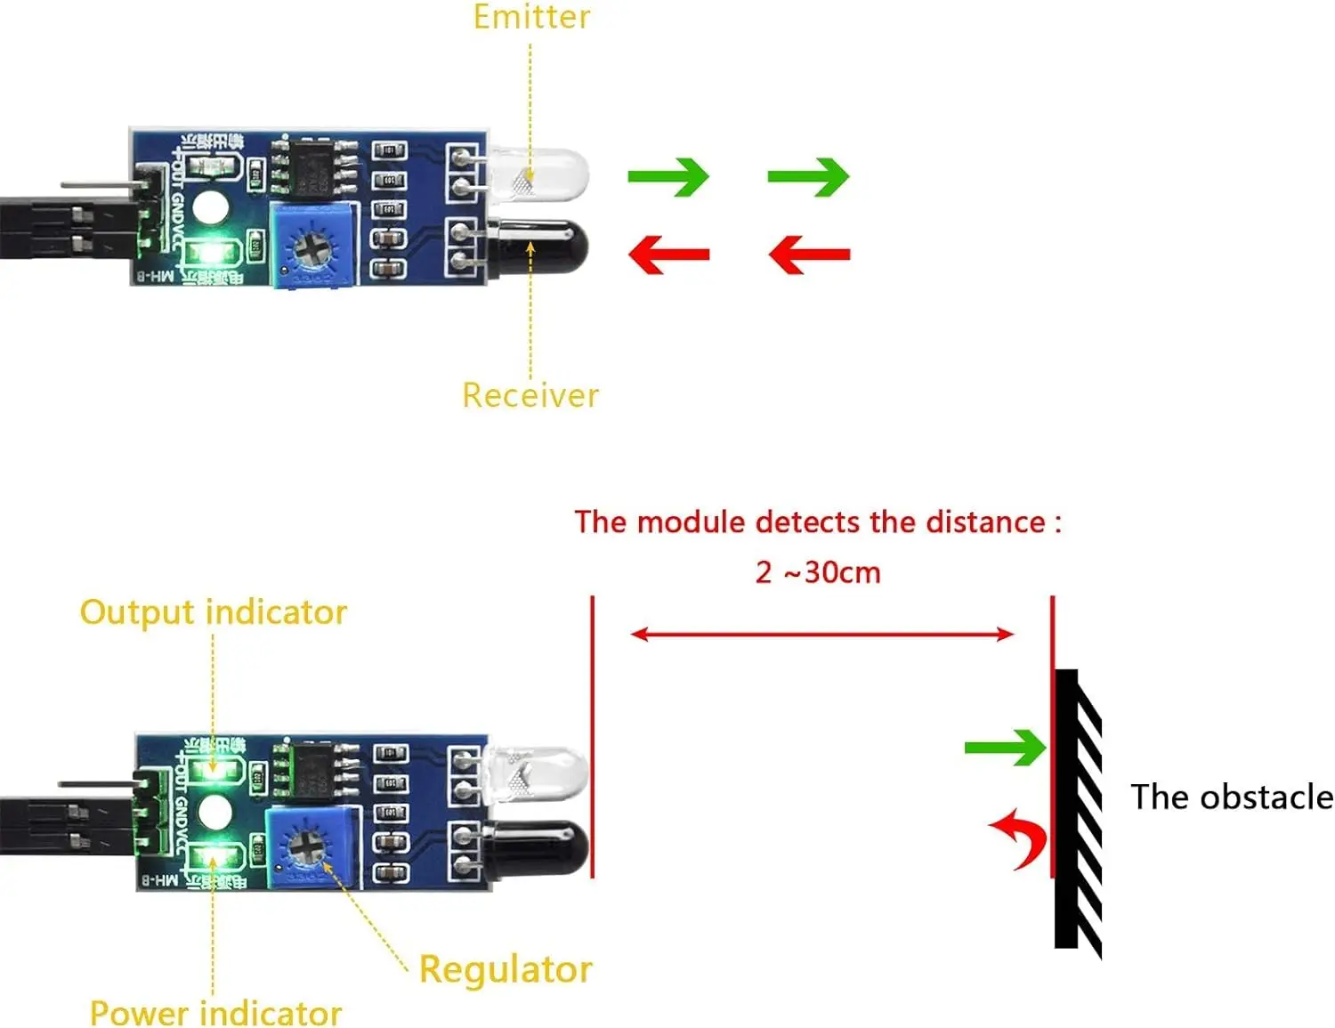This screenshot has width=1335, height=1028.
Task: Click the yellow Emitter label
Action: [x=531, y=17]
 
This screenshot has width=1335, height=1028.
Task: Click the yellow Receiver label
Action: [x=530, y=395]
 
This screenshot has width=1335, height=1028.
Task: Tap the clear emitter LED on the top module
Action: [x=538, y=174]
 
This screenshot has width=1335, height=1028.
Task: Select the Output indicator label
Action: [x=213, y=612]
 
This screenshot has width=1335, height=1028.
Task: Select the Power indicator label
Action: [x=215, y=1013]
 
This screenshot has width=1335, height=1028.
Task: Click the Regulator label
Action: [x=505, y=969]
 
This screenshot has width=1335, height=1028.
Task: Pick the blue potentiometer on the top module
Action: [x=311, y=245]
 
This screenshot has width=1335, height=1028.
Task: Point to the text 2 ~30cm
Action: [x=818, y=572]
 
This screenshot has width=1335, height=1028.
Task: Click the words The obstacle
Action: [x=1231, y=797]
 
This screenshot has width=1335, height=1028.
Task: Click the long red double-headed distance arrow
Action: [x=821, y=635]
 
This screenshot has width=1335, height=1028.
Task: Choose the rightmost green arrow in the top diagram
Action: [x=808, y=177]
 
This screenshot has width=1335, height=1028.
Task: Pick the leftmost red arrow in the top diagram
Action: [x=668, y=255]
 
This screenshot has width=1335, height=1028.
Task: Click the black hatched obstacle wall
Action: [x=1077, y=810]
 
